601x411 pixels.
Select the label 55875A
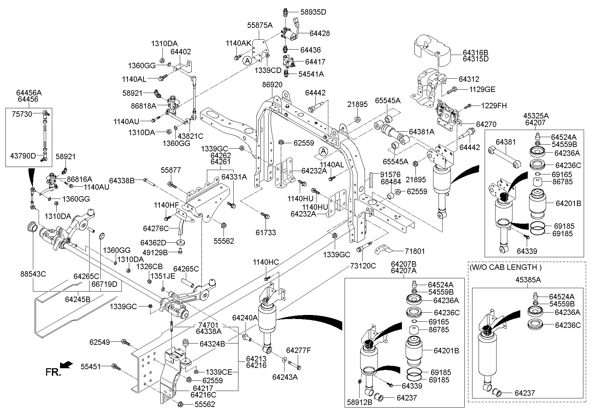[260, 25]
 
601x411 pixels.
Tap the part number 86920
[272, 84]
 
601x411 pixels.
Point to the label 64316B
[476, 53]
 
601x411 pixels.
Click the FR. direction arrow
[66, 364]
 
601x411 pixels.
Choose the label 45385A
[528, 280]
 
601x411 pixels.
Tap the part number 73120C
[363, 266]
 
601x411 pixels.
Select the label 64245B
[78, 299]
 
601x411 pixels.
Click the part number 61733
[266, 232]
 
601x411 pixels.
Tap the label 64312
[469, 79]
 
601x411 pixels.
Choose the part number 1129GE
[482, 90]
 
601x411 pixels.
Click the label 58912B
[360, 402]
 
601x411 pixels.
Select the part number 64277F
[298, 350]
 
